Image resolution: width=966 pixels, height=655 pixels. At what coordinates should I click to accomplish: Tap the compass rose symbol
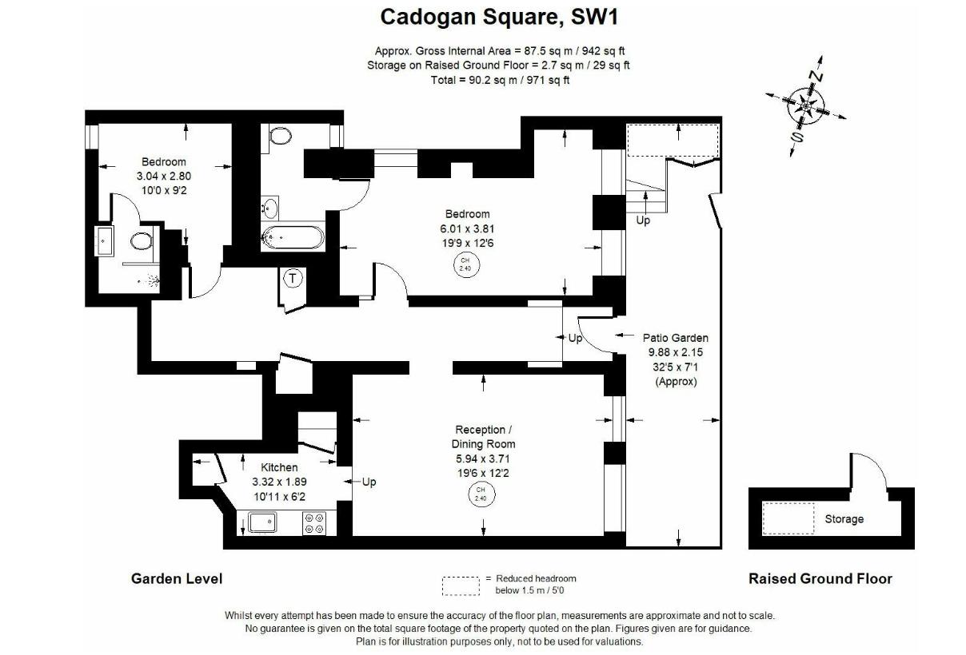pyautogui.click(x=805, y=104)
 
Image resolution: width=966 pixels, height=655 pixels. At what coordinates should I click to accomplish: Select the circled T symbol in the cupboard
pyautogui.click(x=293, y=279)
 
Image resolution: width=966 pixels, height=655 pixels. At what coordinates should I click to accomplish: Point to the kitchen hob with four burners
pyautogui.click(x=314, y=523)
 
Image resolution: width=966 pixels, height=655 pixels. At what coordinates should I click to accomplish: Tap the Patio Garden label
pyautogui.click(x=676, y=338)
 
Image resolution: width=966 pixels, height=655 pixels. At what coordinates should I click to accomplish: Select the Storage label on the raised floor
pyautogui.click(x=844, y=519)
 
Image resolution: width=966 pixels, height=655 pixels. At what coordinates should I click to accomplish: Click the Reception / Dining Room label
pyautogui.click(x=480, y=437)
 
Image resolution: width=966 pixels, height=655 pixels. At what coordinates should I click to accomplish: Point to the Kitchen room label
pyautogui.click(x=279, y=467)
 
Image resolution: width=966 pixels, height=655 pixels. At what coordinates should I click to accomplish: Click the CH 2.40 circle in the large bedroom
pyautogui.click(x=465, y=264)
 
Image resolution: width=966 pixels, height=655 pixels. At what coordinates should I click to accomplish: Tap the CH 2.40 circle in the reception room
pyautogui.click(x=481, y=494)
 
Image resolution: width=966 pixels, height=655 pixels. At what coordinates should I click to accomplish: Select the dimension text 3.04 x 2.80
pyautogui.click(x=163, y=176)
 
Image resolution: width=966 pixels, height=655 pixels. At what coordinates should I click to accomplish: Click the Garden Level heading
pyautogui.click(x=177, y=578)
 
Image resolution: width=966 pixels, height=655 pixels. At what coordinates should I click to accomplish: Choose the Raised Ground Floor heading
pyautogui.click(x=820, y=578)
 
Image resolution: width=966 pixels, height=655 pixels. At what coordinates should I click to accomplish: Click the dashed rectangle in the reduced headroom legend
pyautogui.click(x=461, y=586)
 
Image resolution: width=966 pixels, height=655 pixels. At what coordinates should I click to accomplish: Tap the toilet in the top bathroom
pyautogui.click(x=280, y=135)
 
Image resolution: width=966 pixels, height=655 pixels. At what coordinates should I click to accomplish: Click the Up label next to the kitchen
pyautogui.click(x=369, y=482)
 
